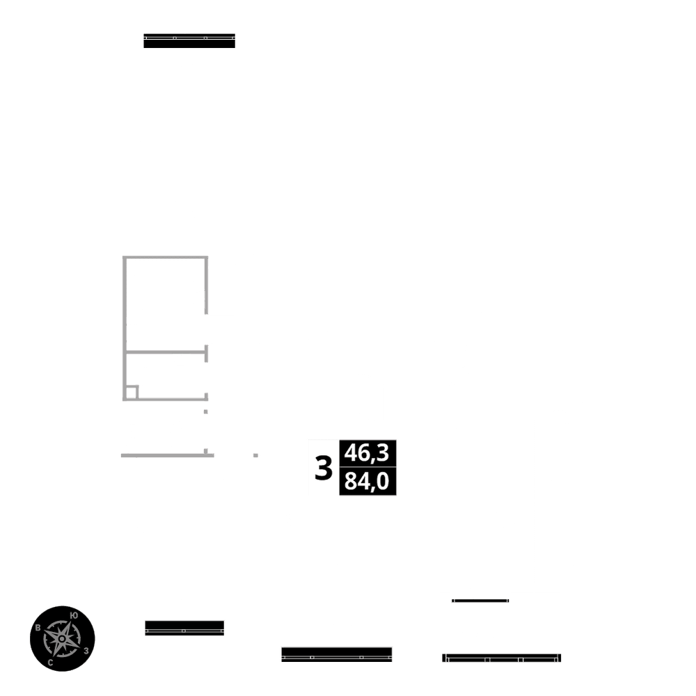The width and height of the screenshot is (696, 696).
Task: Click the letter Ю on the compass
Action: pyautogui.click(x=74, y=615)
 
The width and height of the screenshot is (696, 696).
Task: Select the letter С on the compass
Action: pyautogui.click(x=51, y=663)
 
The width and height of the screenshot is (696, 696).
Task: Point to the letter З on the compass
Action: pyautogui.click(x=86, y=651)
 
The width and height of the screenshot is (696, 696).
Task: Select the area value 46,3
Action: pyautogui.click(x=367, y=453)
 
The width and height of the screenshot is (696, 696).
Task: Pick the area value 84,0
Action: pyautogui.click(x=367, y=482)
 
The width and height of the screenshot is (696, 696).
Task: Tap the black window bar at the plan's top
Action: pyautogui.click(x=189, y=41)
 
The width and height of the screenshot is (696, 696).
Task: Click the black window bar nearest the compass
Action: pyautogui.click(x=184, y=627)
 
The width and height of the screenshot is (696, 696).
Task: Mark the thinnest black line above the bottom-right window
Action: pyautogui.click(x=480, y=600)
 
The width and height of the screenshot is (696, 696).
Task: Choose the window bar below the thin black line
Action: pyautogui.click(x=501, y=658)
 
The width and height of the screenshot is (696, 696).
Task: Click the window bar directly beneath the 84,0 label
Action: pyautogui.click(x=337, y=654)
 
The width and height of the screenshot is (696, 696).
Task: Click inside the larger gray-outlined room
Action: pyautogui.click(x=166, y=303)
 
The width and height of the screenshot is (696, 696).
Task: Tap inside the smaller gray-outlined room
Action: pyautogui.click(x=171, y=376)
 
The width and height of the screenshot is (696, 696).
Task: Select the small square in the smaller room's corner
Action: pyautogui.click(x=131, y=392)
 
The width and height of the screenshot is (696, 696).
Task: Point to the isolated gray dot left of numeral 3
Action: pyautogui.click(x=255, y=455)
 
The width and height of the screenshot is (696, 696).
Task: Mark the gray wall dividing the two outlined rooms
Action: pyautogui.click(x=166, y=351)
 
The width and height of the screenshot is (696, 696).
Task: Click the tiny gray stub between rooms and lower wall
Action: pyautogui.click(x=205, y=412)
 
